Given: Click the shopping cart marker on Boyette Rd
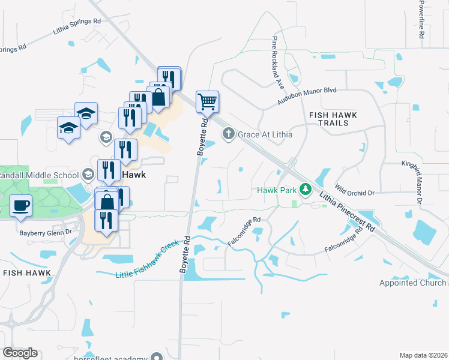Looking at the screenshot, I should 207,102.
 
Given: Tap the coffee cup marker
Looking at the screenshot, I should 21,205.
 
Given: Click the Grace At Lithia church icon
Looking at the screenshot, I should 228,134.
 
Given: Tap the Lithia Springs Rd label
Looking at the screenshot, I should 77,22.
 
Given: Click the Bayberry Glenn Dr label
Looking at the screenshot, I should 46,232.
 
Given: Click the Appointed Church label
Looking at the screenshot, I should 413,283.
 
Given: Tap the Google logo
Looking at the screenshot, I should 20,353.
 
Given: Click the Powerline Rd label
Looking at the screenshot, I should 421,20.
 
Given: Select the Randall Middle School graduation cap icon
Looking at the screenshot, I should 88,175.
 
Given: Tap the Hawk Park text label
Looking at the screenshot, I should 278,190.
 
